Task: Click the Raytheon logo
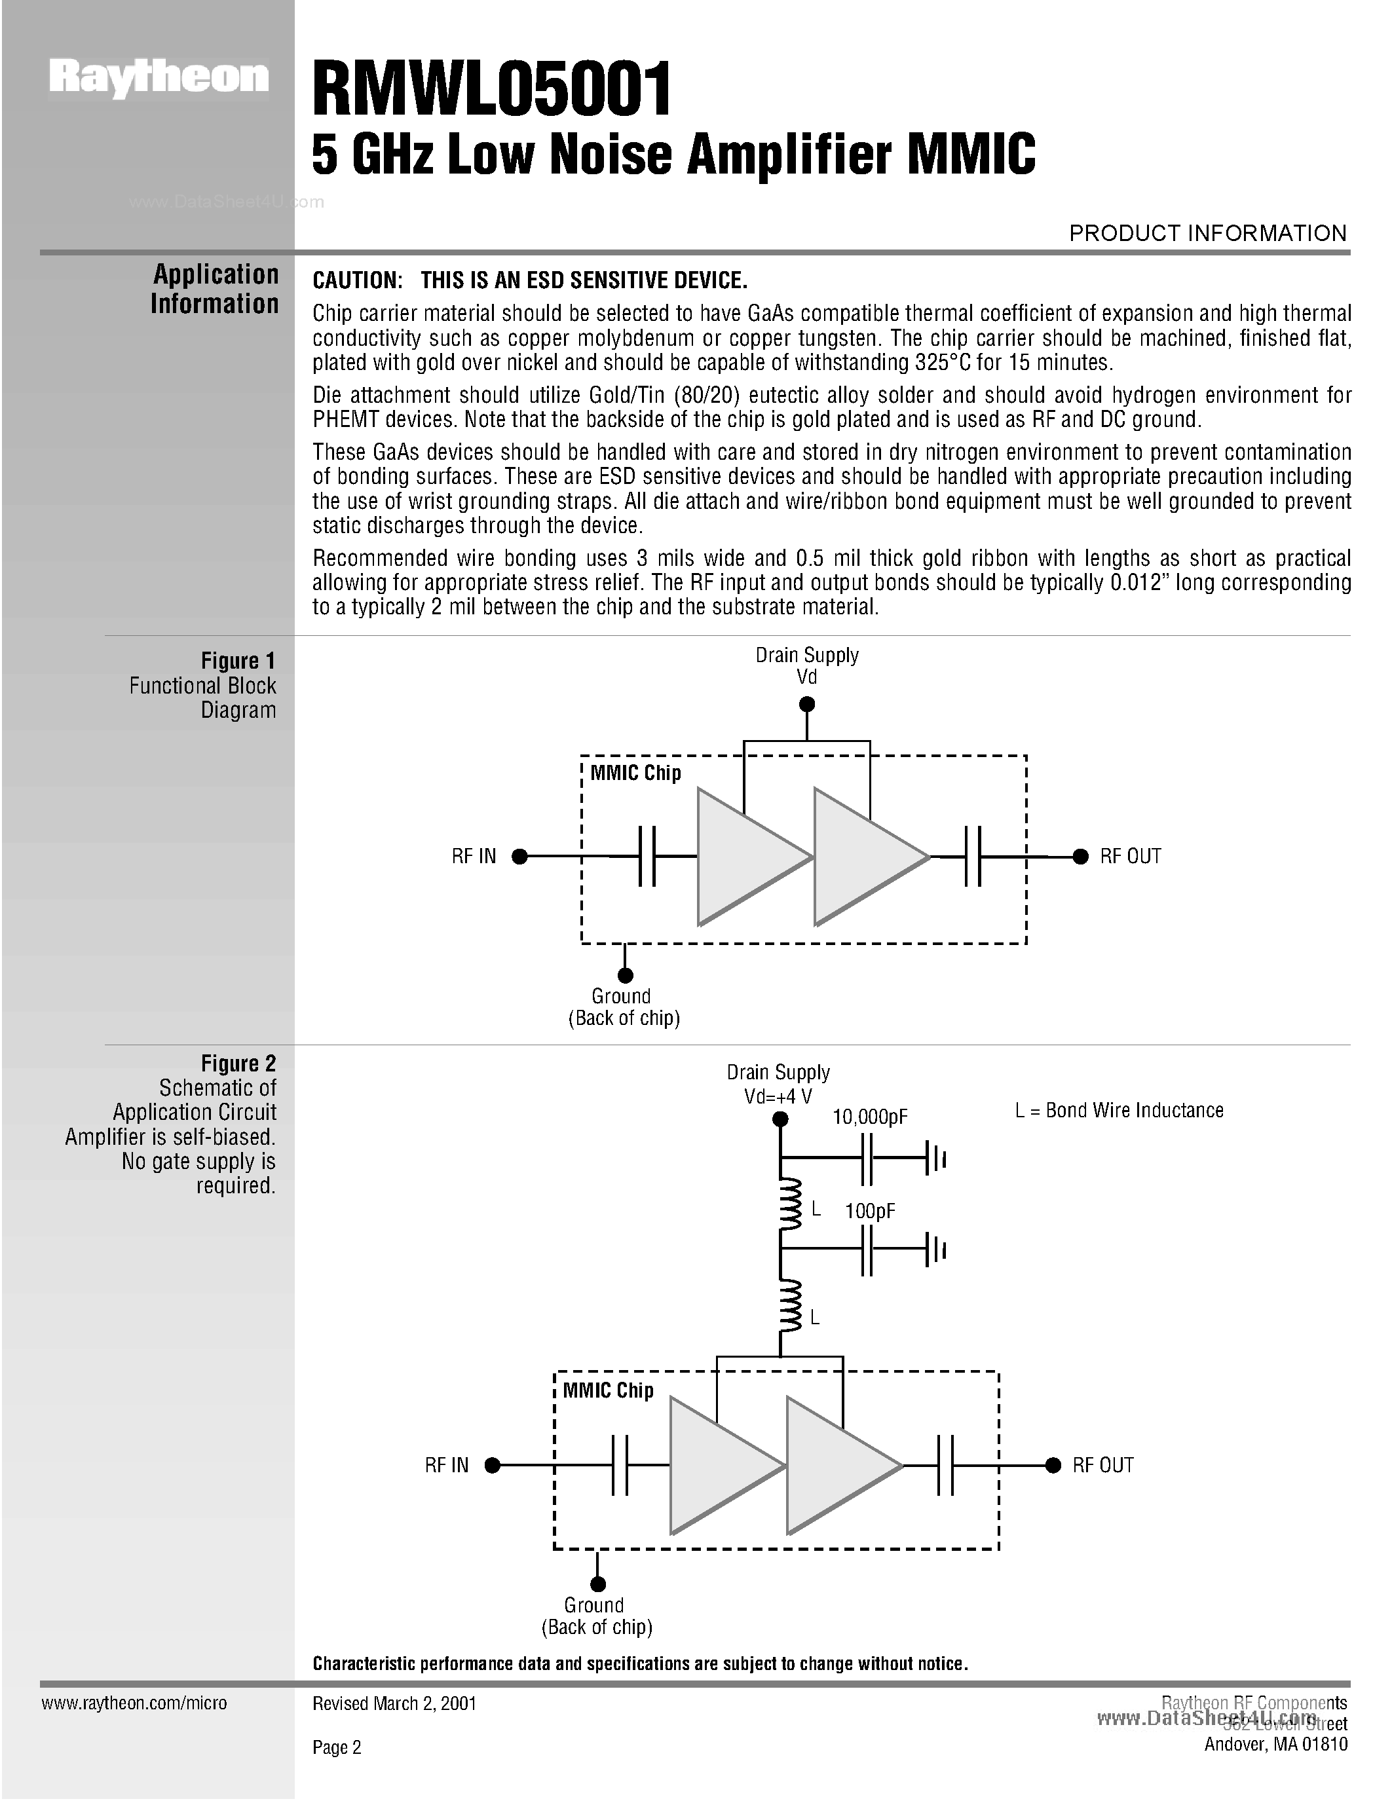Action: pyautogui.click(x=159, y=79)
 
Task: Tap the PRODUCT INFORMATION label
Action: pyautogui.click(x=1207, y=233)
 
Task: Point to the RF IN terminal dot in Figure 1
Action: pyautogui.click(x=519, y=857)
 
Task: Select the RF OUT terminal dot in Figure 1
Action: pyautogui.click(x=1080, y=857)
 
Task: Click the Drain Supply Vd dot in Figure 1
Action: pyautogui.click(x=807, y=704)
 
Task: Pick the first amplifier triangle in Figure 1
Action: pyautogui.click(x=746, y=857)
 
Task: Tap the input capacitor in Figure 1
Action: pyautogui.click(x=647, y=857)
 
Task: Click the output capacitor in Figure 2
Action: pyautogui.click(x=945, y=1466)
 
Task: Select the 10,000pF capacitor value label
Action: pyautogui.click(x=870, y=1117)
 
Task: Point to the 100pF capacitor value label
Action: pyautogui.click(x=870, y=1212)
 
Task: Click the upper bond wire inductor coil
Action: pyautogui.click(x=790, y=1202)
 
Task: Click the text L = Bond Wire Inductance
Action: pyautogui.click(x=1119, y=1111)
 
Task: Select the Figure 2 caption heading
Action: pyautogui.click(x=238, y=1064)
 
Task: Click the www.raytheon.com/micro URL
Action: pyautogui.click(x=134, y=1703)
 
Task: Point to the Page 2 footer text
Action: pyautogui.click(x=337, y=1747)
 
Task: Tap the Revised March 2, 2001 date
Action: pyautogui.click(x=394, y=1703)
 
